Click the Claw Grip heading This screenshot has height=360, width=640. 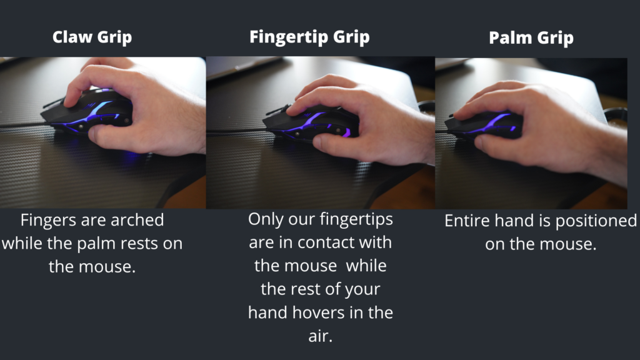tap(92, 37)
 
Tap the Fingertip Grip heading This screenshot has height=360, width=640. tap(309, 37)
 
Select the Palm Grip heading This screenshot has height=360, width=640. tap(531, 38)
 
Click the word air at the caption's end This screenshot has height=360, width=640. tap(321, 336)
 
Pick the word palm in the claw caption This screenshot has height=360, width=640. tap(96, 244)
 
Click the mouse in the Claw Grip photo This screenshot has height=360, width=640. tap(87, 112)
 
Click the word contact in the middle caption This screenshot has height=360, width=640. tap(324, 243)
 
